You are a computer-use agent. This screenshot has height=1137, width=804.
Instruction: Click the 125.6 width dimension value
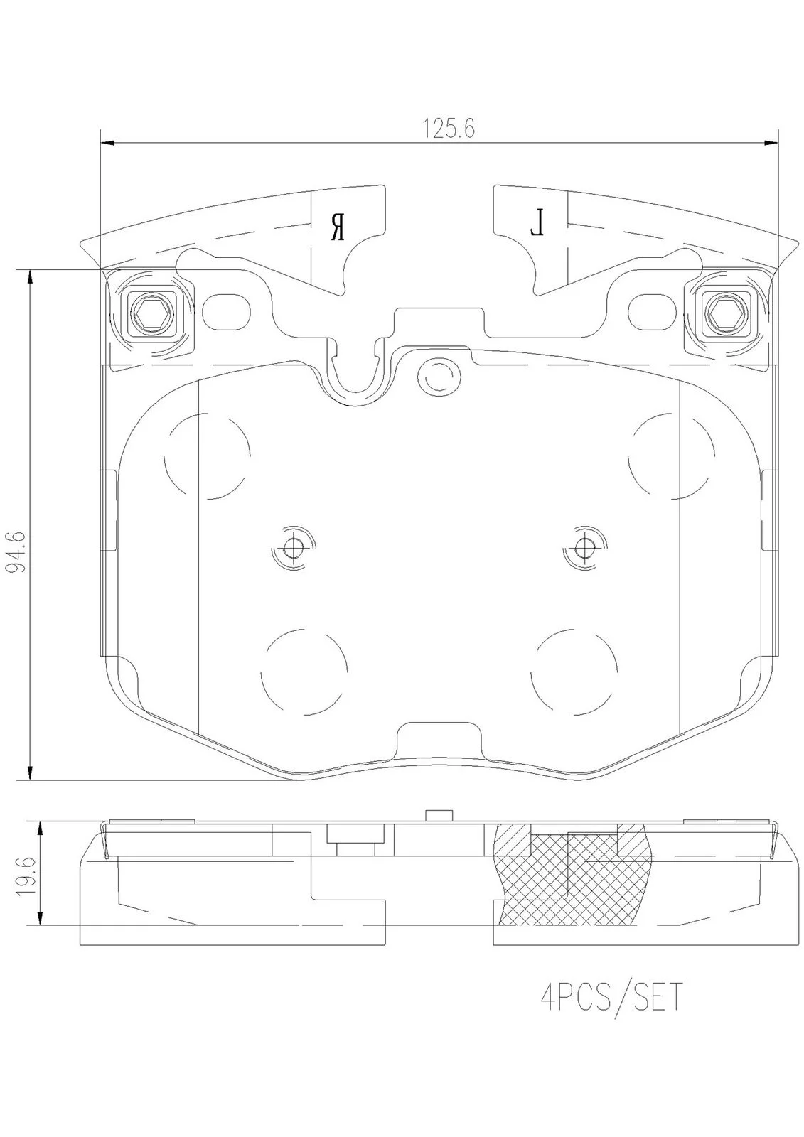[x=449, y=129]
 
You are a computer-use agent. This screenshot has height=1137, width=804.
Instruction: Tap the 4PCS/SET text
[x=611, y=997]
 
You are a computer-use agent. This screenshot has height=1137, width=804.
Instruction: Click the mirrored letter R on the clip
[x=338, y=225]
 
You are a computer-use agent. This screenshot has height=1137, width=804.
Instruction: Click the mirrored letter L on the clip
[x=538, y=223]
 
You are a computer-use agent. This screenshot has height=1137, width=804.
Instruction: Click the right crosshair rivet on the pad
[x=584, y=547]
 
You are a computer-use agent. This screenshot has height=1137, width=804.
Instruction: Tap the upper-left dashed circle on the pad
[x=207, y=455]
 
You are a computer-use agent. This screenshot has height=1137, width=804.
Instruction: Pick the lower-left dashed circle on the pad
[x=304, y=672]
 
